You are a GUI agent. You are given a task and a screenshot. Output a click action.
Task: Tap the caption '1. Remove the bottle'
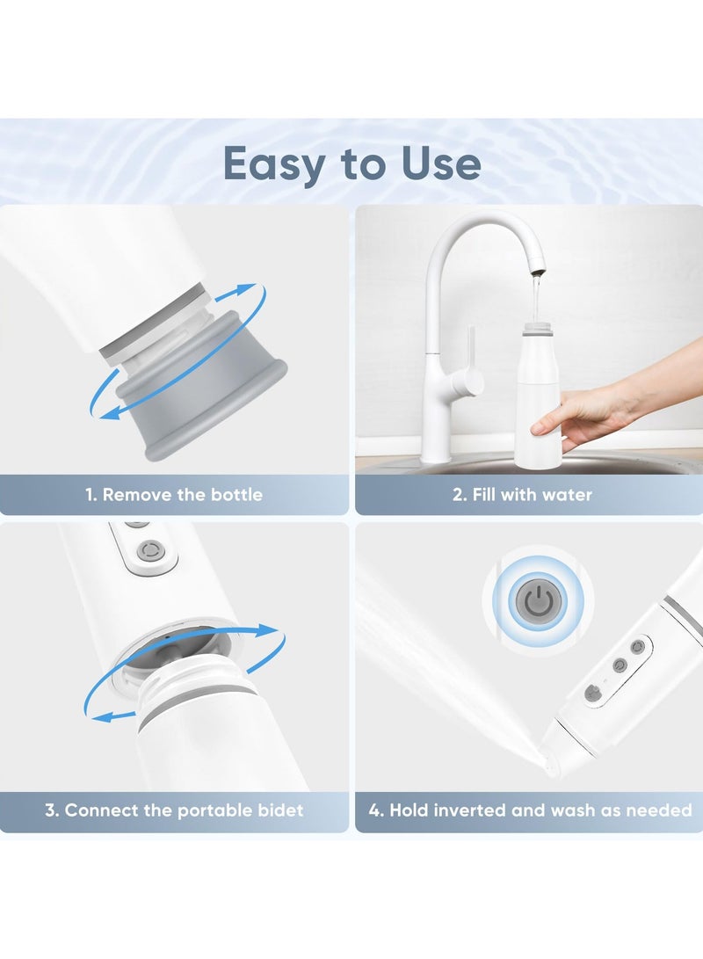point(173,495)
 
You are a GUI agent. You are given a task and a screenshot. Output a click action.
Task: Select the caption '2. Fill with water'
point(522,495)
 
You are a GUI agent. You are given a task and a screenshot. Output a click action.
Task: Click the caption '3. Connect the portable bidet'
point(174,810)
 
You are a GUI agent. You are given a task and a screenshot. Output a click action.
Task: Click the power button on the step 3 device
point(150,552)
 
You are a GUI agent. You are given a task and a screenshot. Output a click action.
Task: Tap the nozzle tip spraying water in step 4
point(550,767)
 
